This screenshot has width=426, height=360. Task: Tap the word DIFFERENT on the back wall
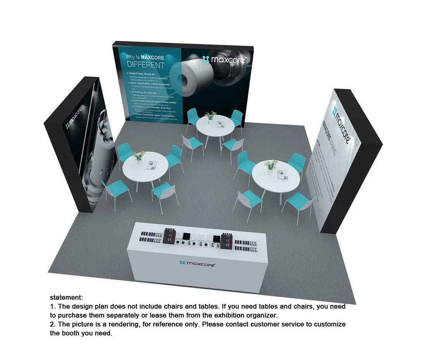point(146,65)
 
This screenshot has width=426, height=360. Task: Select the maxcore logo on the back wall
point(224,59)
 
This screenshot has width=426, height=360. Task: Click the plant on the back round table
point(211,115)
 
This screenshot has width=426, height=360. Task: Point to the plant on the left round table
point(138,155)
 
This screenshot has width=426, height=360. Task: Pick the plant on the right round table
point(271,164)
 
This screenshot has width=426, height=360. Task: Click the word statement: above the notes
point(66,298)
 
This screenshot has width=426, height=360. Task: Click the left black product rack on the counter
point(170,236)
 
